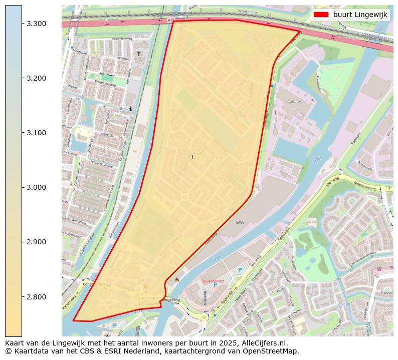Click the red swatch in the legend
click(x=321, y=15)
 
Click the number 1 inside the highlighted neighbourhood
click(x=192, y=157)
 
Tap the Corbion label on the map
click(x=294, y=101)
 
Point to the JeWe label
click(x=240, y=223)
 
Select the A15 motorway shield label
click(x=171, y=20)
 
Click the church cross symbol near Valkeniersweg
click(x=139, y=53)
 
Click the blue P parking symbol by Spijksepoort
click(x=240, y=270)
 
